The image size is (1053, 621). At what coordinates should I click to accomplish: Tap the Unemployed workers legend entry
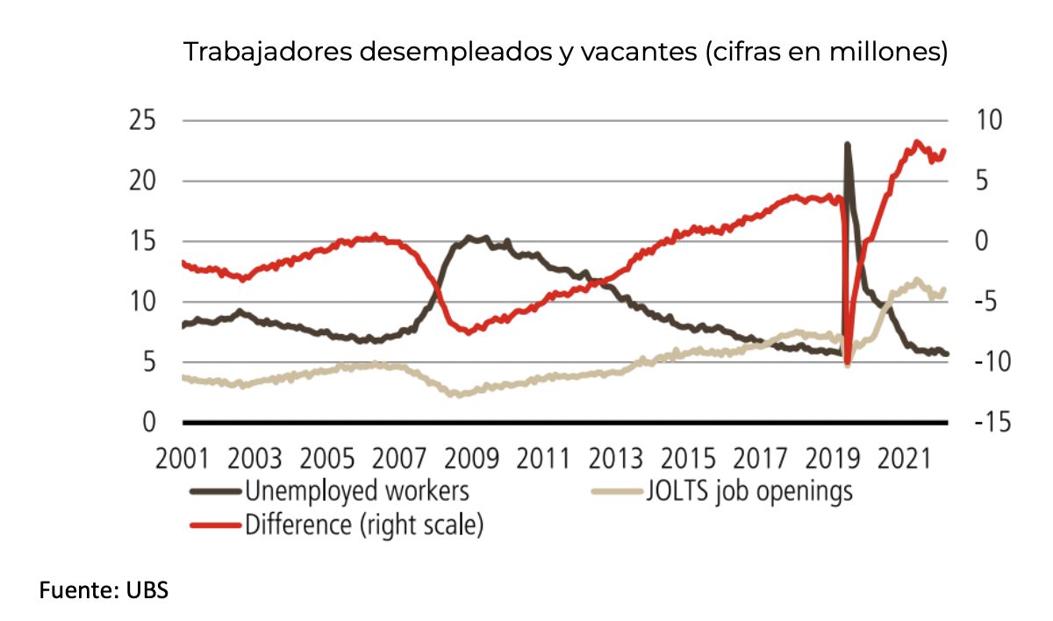tap(358, 490)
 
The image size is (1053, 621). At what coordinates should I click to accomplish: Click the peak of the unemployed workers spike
tap(847, 144)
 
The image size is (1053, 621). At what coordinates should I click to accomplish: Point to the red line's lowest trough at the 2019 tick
tap(847, 363)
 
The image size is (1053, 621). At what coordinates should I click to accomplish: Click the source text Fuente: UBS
tap(103, 590)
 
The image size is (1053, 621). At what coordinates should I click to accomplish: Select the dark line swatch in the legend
tap(215, 491)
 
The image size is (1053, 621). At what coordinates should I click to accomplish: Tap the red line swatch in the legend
tap(215, 525)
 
